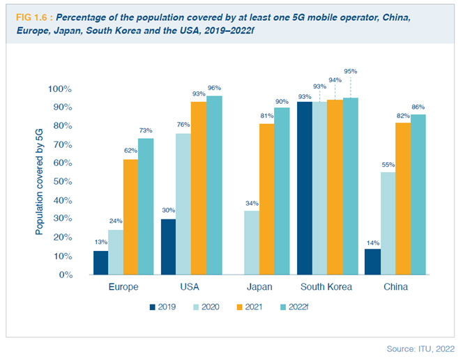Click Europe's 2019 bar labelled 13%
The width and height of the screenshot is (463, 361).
[x=101, y=263]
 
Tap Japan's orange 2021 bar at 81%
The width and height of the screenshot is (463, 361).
[x=266, y=199]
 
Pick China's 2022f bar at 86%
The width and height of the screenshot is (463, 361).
[x=418, y=194]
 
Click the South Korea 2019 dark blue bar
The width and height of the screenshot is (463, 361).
[x=304, y=188]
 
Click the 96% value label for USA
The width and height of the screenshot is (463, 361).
[x=213, y=88]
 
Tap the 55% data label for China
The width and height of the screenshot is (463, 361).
[x=388, y=164]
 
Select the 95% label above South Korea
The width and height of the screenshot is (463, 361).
[x=351, y=71]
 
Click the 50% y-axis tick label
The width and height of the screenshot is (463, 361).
[x=61, y=182]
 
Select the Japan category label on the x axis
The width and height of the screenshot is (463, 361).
[x=259, y=286]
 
